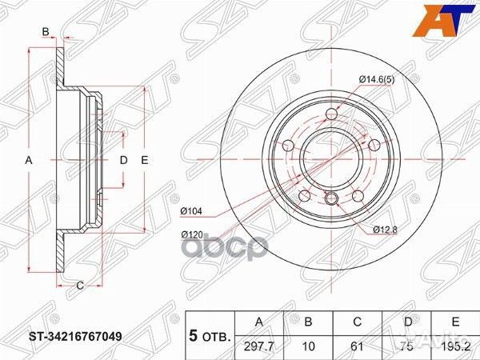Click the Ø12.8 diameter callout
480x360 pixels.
click(x=386, y=230)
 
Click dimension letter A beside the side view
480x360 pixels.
click(x=29, y=161)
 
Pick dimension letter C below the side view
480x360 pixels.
click(x=80, y=284)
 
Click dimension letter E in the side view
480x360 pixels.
click(x=145, y=161)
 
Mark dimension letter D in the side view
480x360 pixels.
click(x=123, y=161)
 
